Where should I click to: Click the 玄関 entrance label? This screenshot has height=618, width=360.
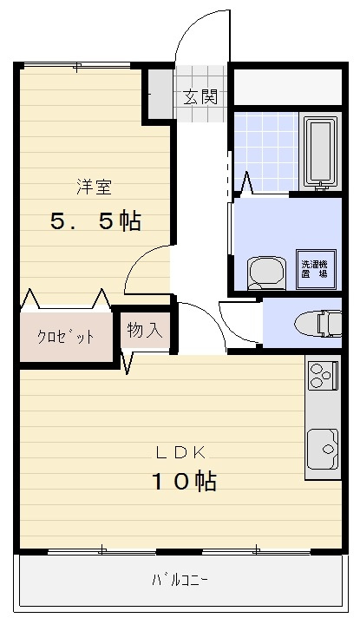click(200, 96)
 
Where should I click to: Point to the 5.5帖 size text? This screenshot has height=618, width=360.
click(95, 221)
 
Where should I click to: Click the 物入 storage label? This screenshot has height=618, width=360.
click(145, 331)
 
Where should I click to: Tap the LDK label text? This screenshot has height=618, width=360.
click(180, 452)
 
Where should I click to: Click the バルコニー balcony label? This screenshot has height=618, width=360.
click(180, 579)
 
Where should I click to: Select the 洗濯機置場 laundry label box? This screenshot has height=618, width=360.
click(313, 267)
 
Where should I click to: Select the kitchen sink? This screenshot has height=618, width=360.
click(322, 448)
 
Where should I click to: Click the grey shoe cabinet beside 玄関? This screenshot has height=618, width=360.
click(159, 94)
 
